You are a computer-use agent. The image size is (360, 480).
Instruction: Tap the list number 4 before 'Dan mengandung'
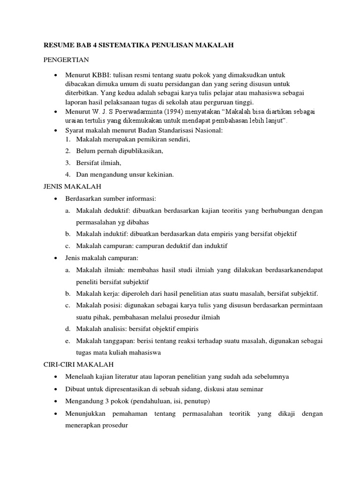(68, 175)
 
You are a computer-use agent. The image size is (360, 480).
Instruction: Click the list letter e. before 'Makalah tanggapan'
(68, 341)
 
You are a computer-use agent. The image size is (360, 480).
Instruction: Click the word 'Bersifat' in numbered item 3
(87, 163)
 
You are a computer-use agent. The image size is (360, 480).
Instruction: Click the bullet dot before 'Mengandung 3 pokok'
(56, 402)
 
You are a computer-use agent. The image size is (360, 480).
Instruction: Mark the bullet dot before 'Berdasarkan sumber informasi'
(56, 199)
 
